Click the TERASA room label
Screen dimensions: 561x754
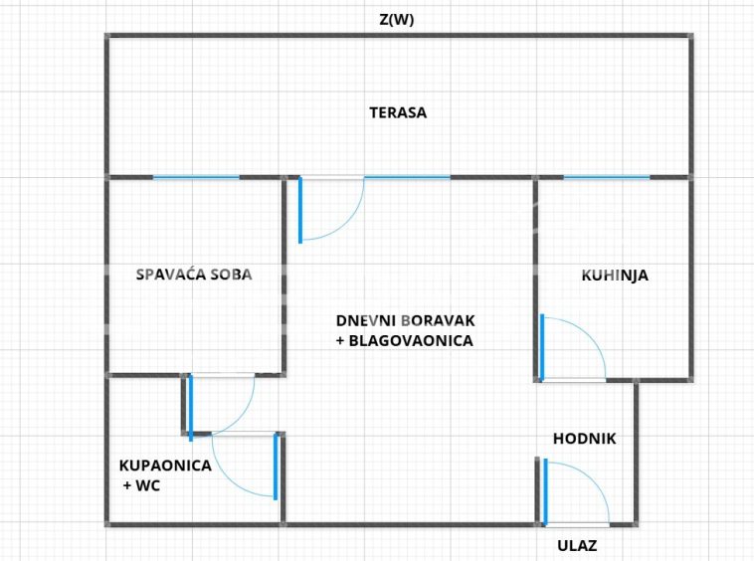tap(398, 112)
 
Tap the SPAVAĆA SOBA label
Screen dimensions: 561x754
tap(194, 275)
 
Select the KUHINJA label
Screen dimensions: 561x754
tap(615, 276)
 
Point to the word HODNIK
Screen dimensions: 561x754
tap(585, 438)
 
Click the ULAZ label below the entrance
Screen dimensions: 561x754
tap(577, 545)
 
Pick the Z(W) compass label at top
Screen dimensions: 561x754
tap(397, 19)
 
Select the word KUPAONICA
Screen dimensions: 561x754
tap(165, 465)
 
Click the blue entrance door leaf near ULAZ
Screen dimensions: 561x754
tap(544, 490)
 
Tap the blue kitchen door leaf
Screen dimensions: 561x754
tap(542, 347)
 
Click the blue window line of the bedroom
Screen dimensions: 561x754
tap(196, 177)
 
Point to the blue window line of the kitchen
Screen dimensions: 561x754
tap(607, 177)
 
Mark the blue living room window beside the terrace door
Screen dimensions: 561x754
tap(407, 177)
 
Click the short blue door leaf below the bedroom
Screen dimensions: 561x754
tap(190, 408)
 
